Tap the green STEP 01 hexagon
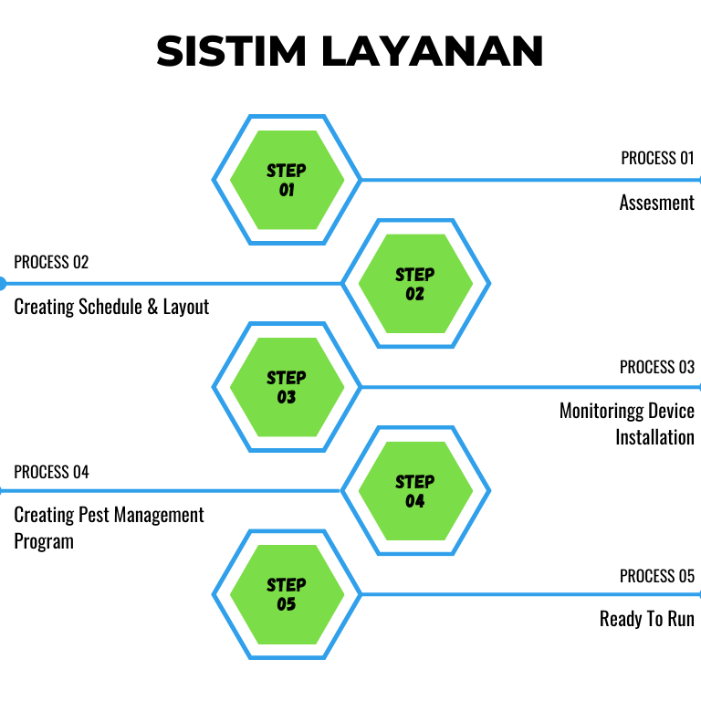click(287, 180)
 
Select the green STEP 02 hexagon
click(415, 284)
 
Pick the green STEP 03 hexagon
click(287, 387)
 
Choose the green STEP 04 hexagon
click(415, 491)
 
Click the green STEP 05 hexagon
click(287, 594)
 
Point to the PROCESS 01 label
click(657, 158)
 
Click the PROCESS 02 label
click(51, 263)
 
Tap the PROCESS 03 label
click(657, 367)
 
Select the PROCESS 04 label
click(51, 472)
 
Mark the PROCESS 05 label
click(657, 576)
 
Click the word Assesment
click(657, 203)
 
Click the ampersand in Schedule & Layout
click(151, 307)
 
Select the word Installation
click(654, 437)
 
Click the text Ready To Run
click(647, 619)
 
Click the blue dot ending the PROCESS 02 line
click(2, 284)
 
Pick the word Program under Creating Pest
click(44, 541)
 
